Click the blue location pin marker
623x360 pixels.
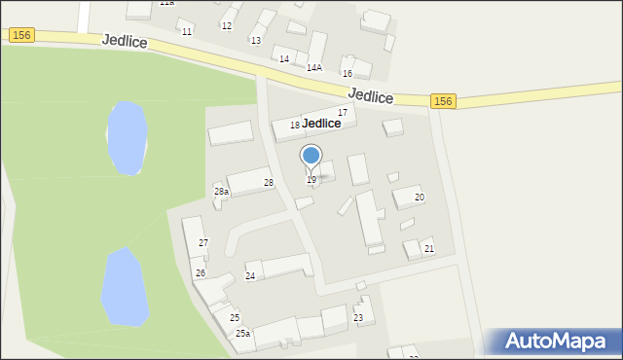(311, 156)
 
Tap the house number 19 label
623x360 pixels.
(311, 180)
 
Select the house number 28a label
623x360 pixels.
(221, 192)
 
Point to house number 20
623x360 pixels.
(420, 198)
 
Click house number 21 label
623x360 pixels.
(428, 249)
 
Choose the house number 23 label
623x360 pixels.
(358, 318)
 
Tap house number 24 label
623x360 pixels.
(250, 276)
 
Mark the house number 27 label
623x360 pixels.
(203, 242)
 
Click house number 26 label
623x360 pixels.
(200, 272)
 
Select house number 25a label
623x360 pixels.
(242, 334)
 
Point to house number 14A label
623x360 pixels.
(314, 68)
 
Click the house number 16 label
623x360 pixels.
(347, 74)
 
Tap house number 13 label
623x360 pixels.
(255, 41)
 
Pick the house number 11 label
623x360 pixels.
(186, 32)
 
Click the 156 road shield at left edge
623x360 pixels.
(21, 34)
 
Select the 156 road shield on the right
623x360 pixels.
(443, 101)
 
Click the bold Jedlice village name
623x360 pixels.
(321, 124)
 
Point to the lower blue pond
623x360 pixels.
(125, 286)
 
